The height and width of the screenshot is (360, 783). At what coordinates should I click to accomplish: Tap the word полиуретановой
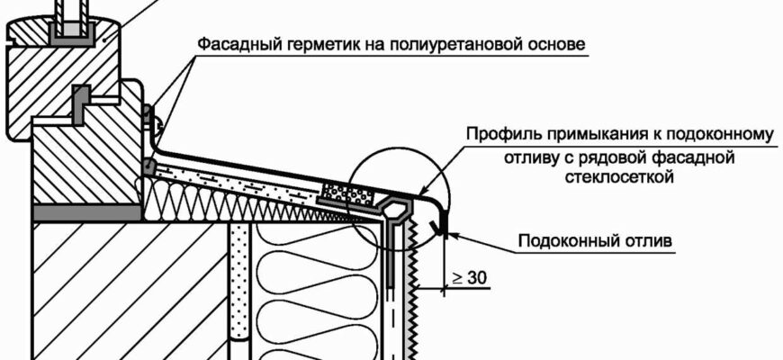[x=445, y=43]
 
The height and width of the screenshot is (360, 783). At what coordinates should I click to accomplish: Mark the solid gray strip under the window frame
[x=86, y=213]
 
